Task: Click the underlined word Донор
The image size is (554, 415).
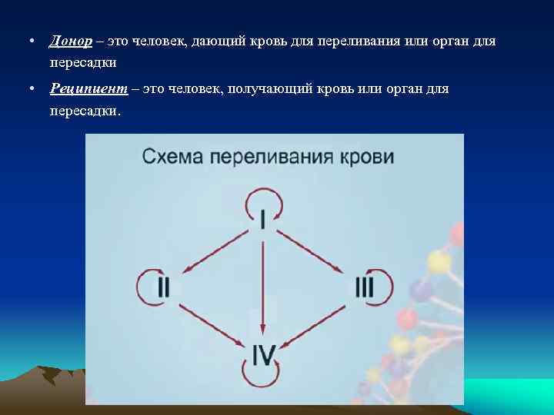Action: click(x=70, y=40)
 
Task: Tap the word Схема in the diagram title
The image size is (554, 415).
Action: click(x=172, y=158)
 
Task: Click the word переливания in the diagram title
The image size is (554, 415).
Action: click(x=270, y=158)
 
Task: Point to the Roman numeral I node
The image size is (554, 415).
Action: click(x=264, y=221)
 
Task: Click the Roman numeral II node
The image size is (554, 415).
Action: click(x=164, y=287)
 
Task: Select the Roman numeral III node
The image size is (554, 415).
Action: click(x=364, y=287)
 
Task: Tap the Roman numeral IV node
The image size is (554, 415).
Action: click(x=263, y=354)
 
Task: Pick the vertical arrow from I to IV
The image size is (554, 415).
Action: click(x=264, y=284)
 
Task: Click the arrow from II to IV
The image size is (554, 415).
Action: click(x=214, y=323)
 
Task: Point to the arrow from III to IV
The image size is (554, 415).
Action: click(x=313, y=323)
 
